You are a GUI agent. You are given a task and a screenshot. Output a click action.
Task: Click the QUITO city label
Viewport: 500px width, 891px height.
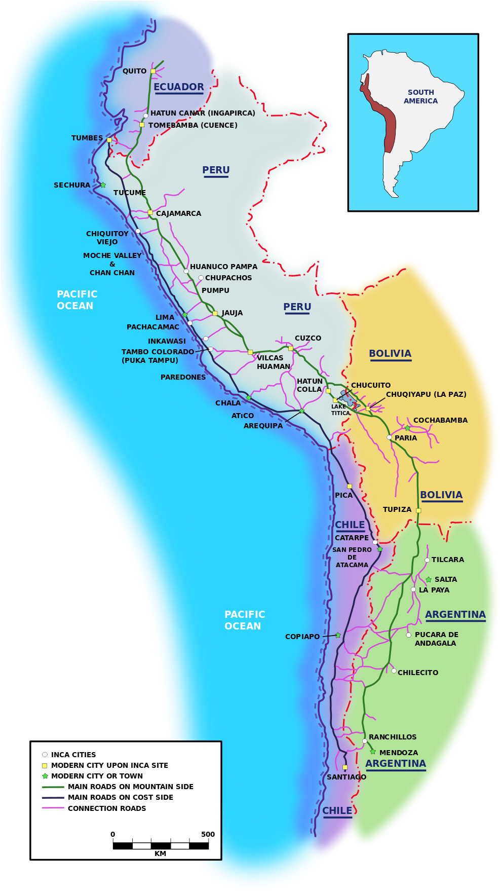(134, 71)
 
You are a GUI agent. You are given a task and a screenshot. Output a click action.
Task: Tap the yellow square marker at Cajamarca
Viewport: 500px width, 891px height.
(150, 212)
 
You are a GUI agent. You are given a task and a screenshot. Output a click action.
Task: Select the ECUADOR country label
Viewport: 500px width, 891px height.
(178, 87)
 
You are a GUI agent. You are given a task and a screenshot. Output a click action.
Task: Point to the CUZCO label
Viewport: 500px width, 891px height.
(308, 338)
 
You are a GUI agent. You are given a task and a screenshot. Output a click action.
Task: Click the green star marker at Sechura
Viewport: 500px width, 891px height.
(103, 185)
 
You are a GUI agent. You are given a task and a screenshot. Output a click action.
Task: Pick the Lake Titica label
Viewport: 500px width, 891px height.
(340, 410)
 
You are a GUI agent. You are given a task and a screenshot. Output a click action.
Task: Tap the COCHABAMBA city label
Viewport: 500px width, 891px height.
(440, 420)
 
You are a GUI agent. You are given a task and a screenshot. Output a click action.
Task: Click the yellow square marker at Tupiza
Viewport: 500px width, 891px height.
(418, 510)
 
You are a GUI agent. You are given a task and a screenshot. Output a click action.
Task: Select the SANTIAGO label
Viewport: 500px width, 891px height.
(346, 777)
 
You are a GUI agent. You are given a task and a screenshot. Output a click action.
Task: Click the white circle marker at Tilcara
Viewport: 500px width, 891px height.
(427, 560)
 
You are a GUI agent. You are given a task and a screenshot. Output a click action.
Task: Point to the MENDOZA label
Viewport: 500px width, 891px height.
(399, 753)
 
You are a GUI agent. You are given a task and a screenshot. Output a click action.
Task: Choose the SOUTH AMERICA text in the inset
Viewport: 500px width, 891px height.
(420, 96)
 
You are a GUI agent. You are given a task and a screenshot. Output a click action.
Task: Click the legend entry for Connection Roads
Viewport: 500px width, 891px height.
(107, 808)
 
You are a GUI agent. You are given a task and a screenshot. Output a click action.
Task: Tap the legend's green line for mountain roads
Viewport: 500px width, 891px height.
(53, 787)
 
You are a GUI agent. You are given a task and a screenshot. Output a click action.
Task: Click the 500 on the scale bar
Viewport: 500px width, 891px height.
(208, 834)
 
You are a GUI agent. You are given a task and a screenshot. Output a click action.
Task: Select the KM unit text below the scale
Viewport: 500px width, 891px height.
(160, 853)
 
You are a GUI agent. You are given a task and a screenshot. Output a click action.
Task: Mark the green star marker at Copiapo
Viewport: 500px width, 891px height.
(338, 635)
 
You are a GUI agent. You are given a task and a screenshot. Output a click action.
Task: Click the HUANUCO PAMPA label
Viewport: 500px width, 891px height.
(223, 267)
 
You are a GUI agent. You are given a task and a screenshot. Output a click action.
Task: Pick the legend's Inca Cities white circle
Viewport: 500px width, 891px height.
(45, 755)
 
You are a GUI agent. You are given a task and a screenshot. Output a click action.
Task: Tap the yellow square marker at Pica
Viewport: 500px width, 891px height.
(350, 486)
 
